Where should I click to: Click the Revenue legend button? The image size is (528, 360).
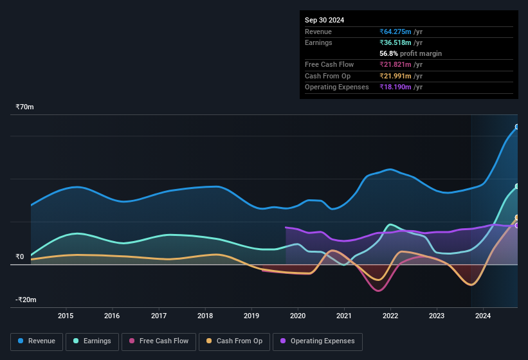pyautogui.click(x=37, y=341)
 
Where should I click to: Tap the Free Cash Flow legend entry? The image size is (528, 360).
pyautogui.click(x=158, y=341)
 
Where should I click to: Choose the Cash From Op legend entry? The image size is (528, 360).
pyautogui.click(x=235, y=341)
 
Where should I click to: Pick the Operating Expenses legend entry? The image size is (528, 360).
pyautogui.click(x=318, y=341)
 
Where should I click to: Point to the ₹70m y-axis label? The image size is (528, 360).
pyautogui.click(x=24, y=107)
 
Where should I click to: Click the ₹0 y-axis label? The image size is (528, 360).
pyautogui.click(x=20, y=256)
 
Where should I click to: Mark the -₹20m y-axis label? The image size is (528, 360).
pyautogui.click(x=26, y=300)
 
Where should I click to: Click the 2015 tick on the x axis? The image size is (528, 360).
pyautogui.click(x=66, y=316)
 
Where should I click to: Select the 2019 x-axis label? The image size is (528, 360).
pyautogui.click(x=251, y=316)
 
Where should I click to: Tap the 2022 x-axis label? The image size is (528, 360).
pyautogui.click(x=390, y=316)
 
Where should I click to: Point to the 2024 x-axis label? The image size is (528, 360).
pyautogui.click(x=483, y=316)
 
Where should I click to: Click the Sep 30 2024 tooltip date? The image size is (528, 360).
pyautogui.click(x=325, y=20)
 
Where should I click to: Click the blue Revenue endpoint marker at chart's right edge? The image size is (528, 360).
pyautogui.click(x=516, y=127)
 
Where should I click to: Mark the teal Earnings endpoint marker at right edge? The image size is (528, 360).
pyautogui.click(x=516, y=186)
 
